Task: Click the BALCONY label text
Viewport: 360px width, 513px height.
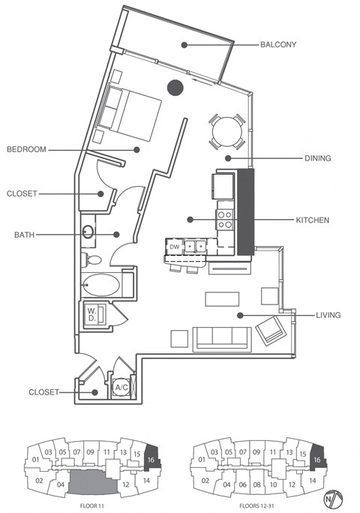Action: [x=278, y=44]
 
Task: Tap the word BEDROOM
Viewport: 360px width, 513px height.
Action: [x=26, y=149]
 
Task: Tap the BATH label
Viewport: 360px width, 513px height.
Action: [x=25, y=235]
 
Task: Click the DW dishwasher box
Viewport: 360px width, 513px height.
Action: [x=174, y=246]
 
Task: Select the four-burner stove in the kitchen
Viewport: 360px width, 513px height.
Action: [x=224, y=219]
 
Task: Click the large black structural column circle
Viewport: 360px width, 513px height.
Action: [x=175, y=87]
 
